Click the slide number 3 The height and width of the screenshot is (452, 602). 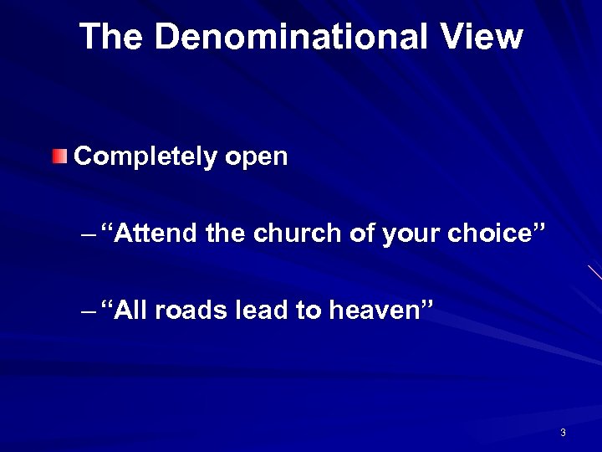563,433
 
